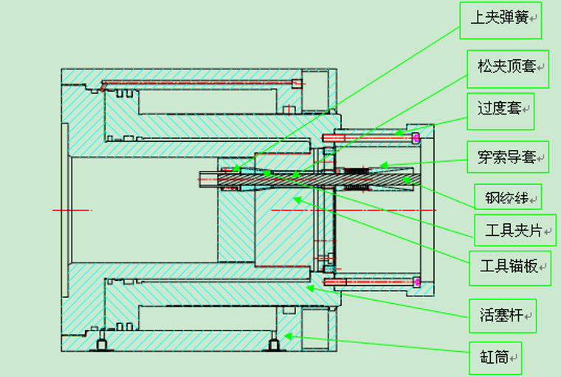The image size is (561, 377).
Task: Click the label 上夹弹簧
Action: (500, 21)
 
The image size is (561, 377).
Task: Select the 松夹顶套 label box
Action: (508, 69)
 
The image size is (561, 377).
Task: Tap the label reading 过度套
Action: (500, 112)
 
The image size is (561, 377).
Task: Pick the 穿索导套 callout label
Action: (508, 157)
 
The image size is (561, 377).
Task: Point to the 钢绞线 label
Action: (508, 197)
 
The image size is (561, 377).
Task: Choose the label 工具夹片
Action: (515, 230)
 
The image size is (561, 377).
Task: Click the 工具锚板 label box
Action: (510, 268)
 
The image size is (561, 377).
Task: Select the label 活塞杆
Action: (503, 316)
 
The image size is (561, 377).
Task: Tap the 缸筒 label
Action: (495, 358)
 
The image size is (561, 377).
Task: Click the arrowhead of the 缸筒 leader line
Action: (288, 336)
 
